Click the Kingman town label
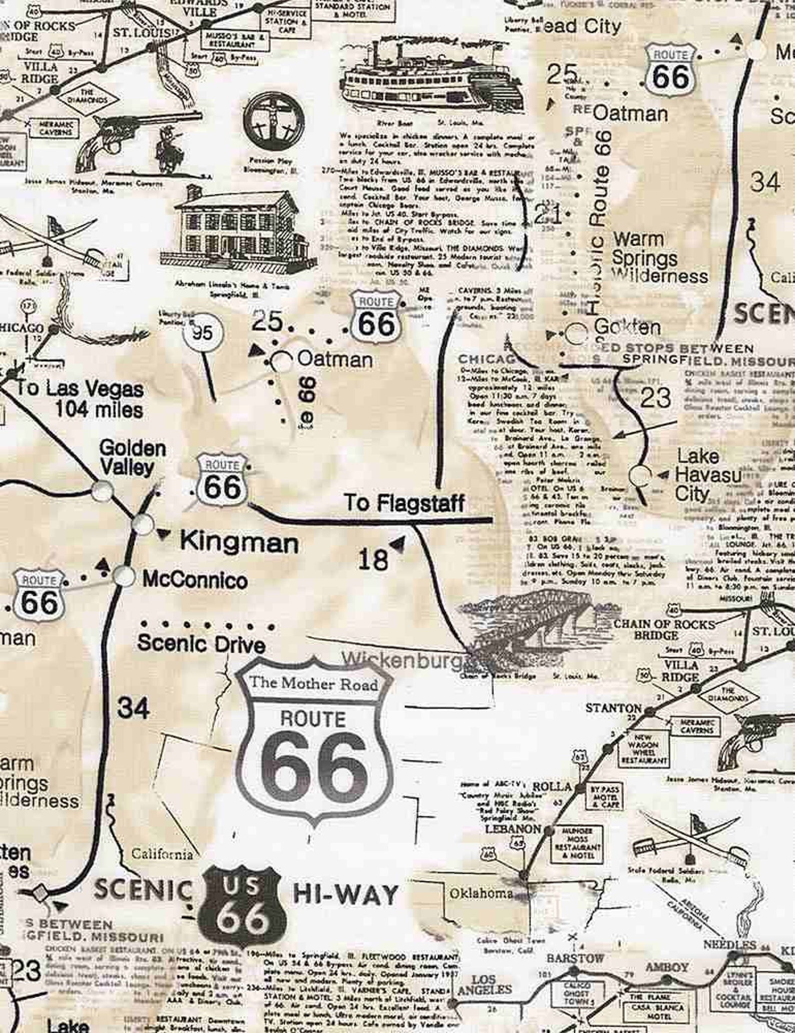(x=239, y=542)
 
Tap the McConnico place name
(x=195, y=580)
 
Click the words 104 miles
(x=99, y=410)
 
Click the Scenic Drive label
(x=201, y=644)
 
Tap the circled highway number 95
(x=202, y=333)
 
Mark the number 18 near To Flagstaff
(x=373, y=559)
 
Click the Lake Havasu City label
(x=707, y=475)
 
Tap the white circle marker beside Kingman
(x=143, y=524)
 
